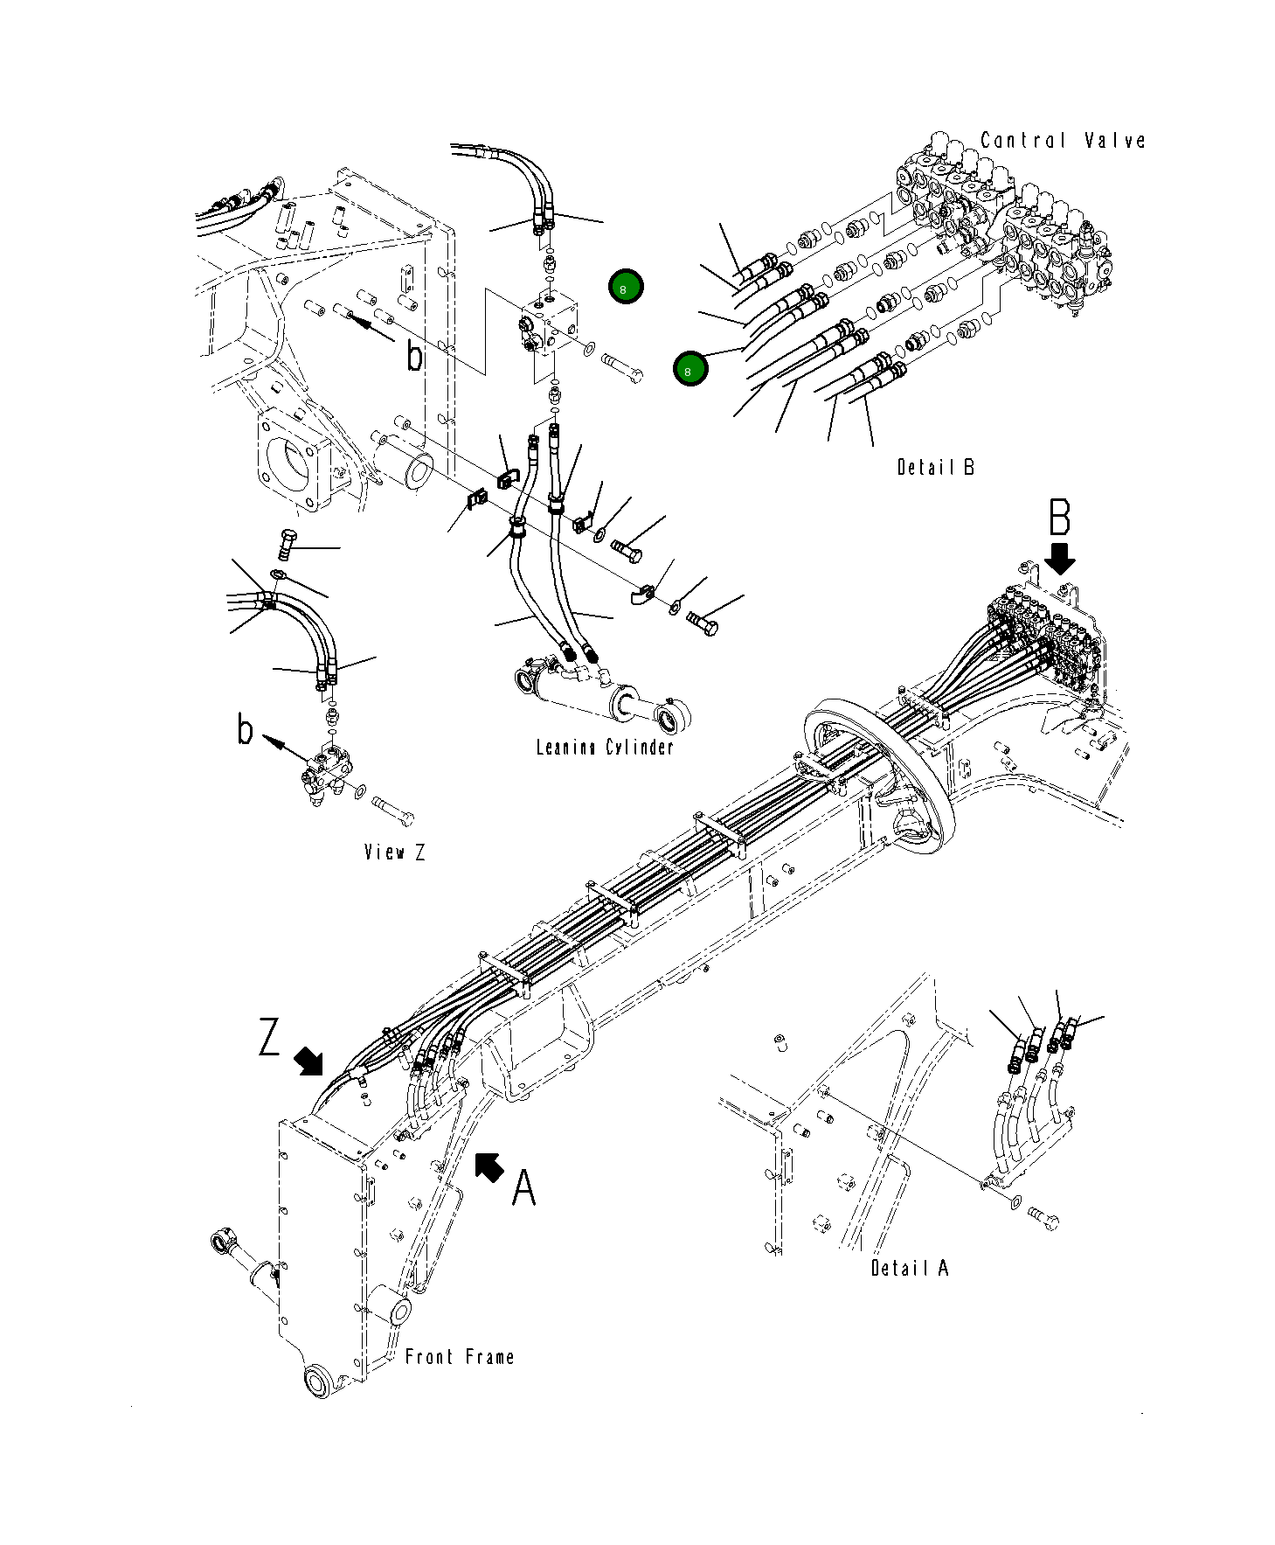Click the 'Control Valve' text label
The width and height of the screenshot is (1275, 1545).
[1062, 140]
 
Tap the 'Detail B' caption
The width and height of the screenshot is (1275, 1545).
[935, 467]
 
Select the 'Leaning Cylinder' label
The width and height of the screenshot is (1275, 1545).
[605, 747]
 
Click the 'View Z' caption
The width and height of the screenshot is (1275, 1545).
[395, 852]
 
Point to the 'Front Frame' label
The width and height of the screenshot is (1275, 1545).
[460, 1356]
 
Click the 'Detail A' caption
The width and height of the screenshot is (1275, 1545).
[909, 1267]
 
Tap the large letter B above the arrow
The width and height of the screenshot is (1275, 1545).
[1059, 518]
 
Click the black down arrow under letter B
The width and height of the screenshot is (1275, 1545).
[1063, 556]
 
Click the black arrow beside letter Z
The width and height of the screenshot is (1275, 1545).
[308, 1061]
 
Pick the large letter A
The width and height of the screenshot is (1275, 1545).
[523, 1188]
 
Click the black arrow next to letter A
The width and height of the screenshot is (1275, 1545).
[489, 1166]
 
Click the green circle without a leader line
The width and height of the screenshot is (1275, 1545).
[625, 287]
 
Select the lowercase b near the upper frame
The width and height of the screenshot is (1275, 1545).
[415, 356]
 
